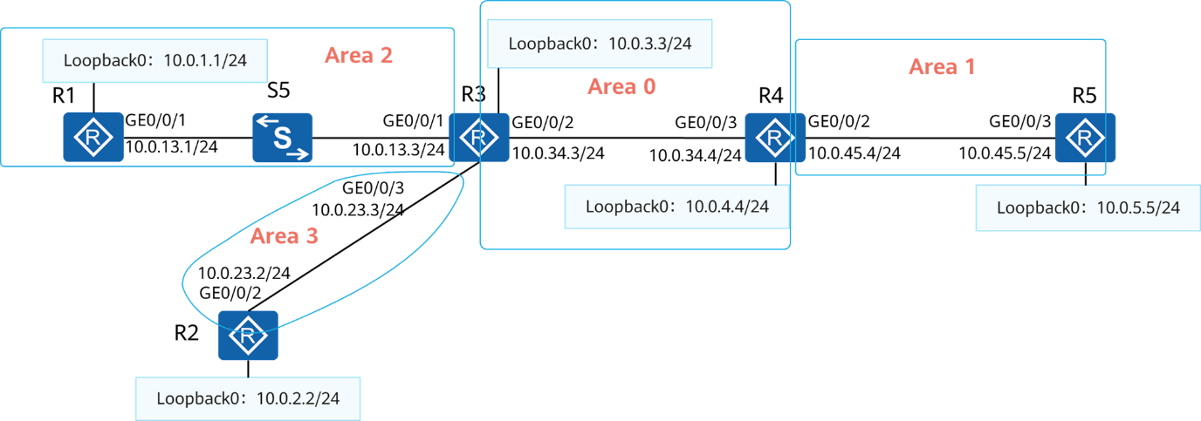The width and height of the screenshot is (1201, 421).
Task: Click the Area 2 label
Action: click(358, 56)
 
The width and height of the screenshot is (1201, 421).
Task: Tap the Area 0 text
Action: click(621, 86)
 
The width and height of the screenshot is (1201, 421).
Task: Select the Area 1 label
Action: click(942, 66)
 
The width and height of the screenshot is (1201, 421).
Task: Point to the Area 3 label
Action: click(285, 236)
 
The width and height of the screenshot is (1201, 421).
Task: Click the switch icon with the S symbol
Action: click(283, 138)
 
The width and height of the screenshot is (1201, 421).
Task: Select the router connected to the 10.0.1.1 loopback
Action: click(93, 138)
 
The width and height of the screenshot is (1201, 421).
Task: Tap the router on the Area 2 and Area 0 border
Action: click(478, 138)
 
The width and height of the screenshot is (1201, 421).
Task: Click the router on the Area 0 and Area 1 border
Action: click(774, 138)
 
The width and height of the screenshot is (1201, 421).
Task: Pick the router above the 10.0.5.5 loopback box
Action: click(1085, 138)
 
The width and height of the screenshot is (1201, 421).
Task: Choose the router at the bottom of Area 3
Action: click(248, 335)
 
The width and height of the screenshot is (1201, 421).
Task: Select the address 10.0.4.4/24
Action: click(727, 207)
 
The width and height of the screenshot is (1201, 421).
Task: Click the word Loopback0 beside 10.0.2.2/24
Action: click(196, 398)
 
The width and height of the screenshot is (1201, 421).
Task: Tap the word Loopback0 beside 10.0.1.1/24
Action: click(104, 61)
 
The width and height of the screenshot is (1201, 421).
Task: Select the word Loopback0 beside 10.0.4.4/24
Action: click(626, 207)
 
